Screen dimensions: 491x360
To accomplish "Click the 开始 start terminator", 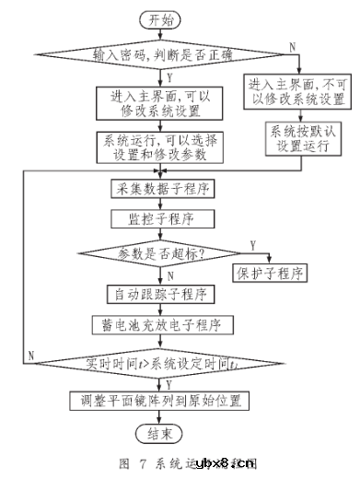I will [x=160, y=18].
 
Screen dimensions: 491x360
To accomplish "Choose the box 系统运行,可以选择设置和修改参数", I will [x=160, y=149].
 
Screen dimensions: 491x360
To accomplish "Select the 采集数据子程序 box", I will [x=160, y=190].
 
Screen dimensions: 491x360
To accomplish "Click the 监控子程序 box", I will [x=160, y=219].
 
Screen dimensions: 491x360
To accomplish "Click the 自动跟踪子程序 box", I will [x=160, y=296].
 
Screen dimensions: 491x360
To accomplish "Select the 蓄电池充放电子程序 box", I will [x=160, y=325].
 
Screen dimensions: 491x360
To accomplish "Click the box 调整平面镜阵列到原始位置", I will [x=160, y=400].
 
